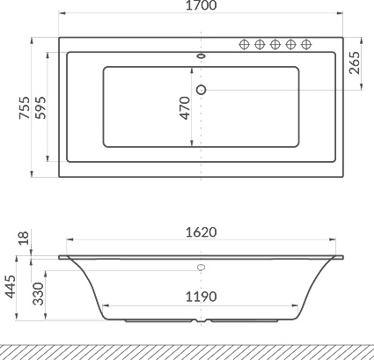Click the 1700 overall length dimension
(202, 6)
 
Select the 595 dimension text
(39, 107)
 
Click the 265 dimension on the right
(355, 63)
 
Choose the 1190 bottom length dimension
(201, 297)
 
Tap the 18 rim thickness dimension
(24, 238)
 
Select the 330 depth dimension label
(39, 294)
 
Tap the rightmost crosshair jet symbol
(305, 45)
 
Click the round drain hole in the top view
(202, 89)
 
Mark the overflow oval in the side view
(202, 267)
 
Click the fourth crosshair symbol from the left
(290, 45)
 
